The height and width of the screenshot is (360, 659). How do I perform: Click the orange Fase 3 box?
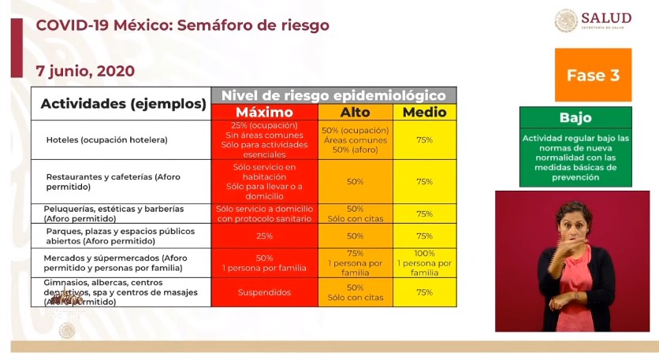pos(593,75)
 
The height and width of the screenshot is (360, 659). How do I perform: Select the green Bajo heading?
pos(575,117)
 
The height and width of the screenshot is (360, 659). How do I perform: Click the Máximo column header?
pos(264,112)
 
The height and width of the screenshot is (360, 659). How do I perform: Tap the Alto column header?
pos(355,112)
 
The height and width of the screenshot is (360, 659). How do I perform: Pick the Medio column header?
pos(424,112)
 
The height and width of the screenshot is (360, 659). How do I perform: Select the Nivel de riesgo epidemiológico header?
pos(333,95)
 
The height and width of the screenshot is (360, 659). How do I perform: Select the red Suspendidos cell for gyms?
pos(264,292)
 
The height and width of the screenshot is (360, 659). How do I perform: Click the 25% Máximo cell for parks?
pos(264,236)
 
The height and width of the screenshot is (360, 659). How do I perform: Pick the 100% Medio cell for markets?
pos(424,262)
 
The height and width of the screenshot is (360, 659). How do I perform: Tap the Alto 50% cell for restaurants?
pos(355,181)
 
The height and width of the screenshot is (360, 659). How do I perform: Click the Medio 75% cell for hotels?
pos(424,139)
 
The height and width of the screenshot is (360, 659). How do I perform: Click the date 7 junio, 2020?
pos(85,71)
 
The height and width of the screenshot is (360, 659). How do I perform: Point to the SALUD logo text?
pos(605,19)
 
